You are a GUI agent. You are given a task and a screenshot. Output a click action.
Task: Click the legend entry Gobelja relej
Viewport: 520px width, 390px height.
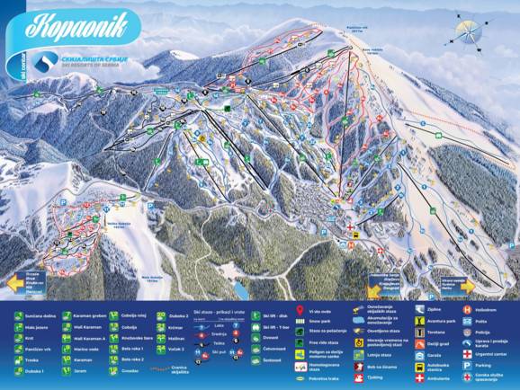point(134,316)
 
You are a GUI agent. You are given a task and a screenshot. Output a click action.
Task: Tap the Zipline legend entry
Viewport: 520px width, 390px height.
point(435,308)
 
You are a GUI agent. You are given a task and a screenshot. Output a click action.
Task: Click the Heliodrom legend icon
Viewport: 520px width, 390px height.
point(466,308)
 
